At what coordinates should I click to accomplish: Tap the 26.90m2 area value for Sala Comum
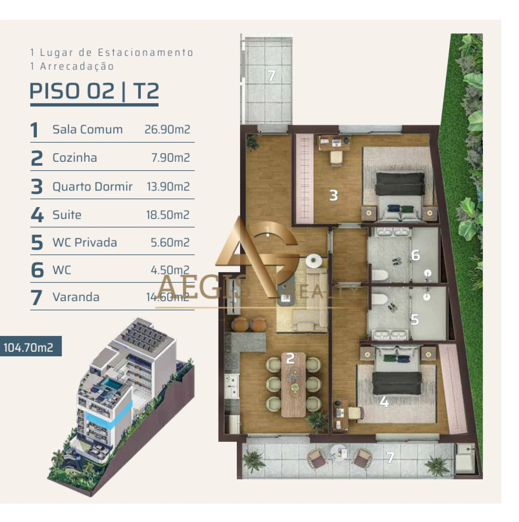pos(167,129)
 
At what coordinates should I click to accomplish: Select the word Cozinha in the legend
pos(75,158)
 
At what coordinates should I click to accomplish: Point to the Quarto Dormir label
pos(92,186)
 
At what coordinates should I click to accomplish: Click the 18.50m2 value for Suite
pos(167,215)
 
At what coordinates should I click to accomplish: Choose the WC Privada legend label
pos(85,242)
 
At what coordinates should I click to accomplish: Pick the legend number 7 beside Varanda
pos(36,297)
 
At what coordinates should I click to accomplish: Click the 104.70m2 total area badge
pos(28,347)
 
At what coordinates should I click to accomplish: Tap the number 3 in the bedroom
pos(333,195)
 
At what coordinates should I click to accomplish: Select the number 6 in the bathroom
pos(415,255)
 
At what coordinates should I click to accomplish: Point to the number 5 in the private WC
pos(414,320)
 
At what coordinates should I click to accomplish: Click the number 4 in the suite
pos(384,402)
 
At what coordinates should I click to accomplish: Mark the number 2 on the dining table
pos(290,358)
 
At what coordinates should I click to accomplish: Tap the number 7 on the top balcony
pos(271,75)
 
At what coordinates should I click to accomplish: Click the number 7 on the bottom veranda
pos(390,458)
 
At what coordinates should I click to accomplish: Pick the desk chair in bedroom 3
pos(336,158)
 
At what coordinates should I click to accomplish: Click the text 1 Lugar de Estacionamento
pos(112,52)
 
